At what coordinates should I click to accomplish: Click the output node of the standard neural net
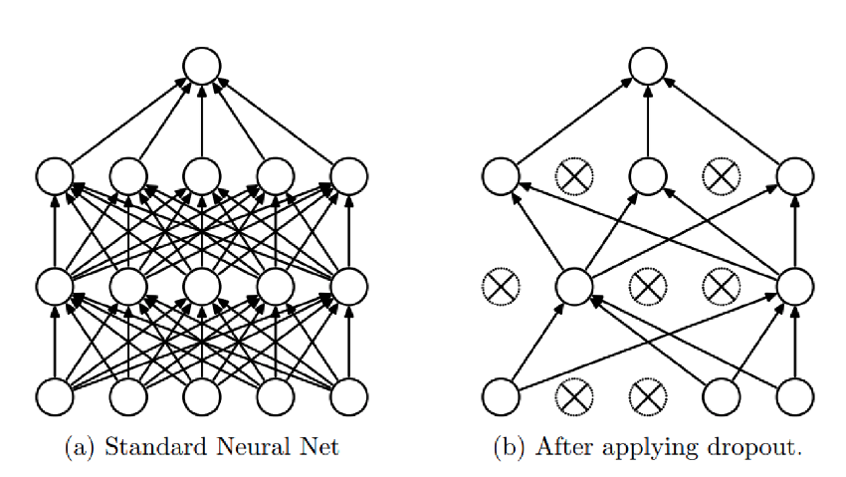(x=202, y=67)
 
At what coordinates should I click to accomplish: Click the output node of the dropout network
(x=647, y=67)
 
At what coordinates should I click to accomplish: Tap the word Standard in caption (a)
(x=147, y=447)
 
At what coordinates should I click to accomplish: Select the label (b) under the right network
(x=510, y=447)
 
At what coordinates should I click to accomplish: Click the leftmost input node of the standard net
(x=55, y=396)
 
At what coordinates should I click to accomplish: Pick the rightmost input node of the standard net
(x=348, y=396)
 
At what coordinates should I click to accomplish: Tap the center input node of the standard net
(x=202, y=396)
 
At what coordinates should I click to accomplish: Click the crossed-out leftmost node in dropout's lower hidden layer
(x=500, y=287)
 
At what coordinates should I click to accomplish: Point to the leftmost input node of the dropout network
(x=500, y=396)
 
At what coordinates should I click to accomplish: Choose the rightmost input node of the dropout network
(x=794, y=396)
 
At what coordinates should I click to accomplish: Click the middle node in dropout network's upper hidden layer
(x=647, y=177)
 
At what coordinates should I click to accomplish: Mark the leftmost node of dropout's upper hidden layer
(x=500, y=177)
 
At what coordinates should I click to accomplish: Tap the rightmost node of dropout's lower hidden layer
(x=794, y=287)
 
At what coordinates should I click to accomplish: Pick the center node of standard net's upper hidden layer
(x=202, y=177)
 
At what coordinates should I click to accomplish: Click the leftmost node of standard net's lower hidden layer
(x=55, y=287)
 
